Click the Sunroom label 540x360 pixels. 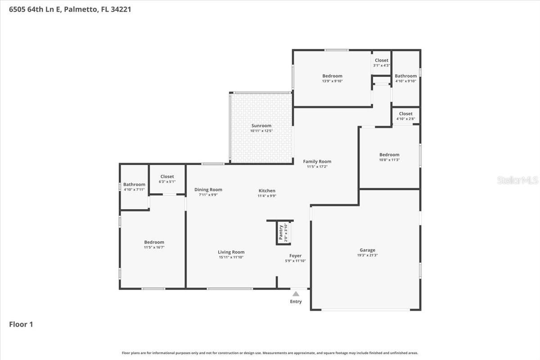coord(261,126)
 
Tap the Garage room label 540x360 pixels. coord(367,250)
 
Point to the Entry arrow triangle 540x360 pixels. coord(296,294)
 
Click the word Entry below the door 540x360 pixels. coord(296,301)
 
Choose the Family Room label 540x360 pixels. coord(317,162)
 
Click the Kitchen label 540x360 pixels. coord(266,191)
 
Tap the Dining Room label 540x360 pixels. coord(208,189)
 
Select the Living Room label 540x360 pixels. coord(231,252)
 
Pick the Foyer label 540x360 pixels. coord(295,256)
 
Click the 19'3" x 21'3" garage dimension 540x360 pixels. coord(367,256)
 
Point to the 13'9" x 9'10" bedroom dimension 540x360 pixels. coord(332,81)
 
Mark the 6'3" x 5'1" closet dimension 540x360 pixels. coord(167,182)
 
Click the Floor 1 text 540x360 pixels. coord(21,324)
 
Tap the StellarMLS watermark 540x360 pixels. coord(517,180)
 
